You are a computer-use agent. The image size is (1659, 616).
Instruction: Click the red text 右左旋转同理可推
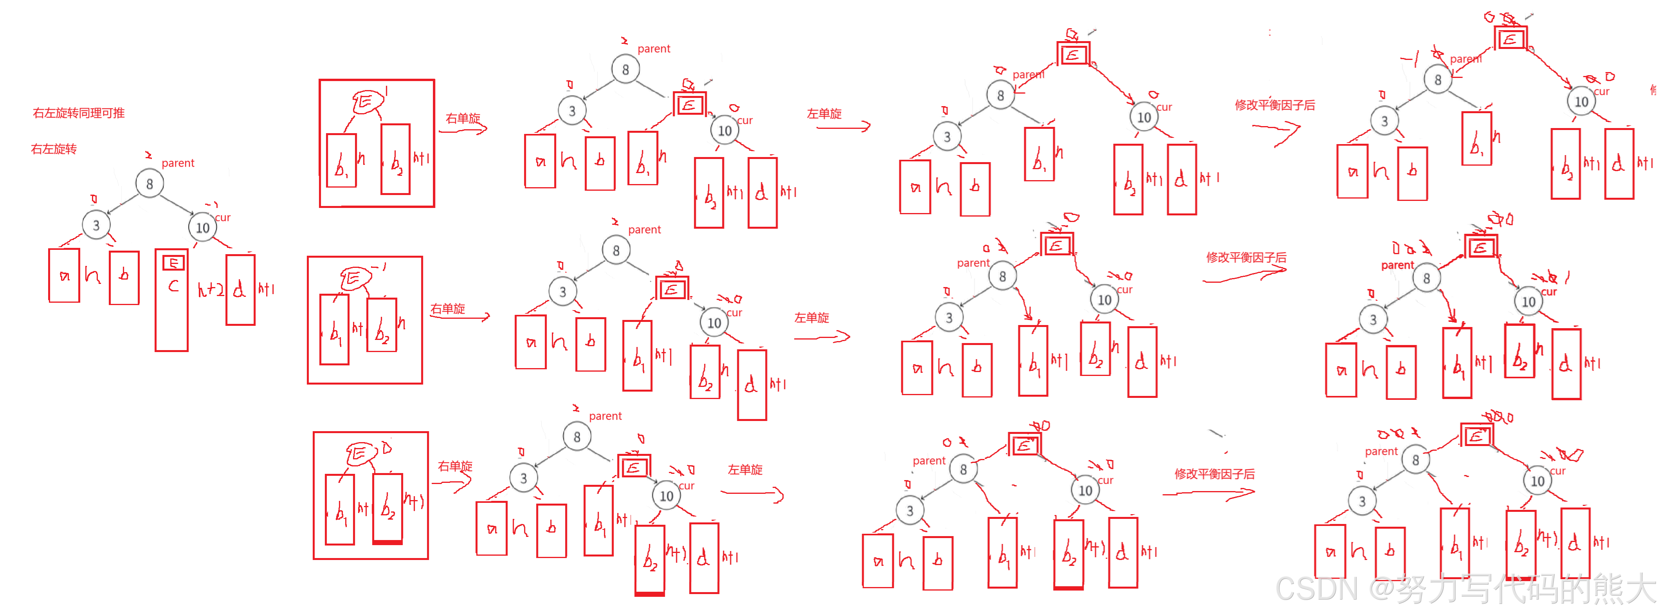coord(79,114)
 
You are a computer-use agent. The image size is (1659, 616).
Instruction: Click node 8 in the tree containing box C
coord(150,184)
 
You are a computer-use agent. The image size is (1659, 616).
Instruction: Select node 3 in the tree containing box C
coord(96,225)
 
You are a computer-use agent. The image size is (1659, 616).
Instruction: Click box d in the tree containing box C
coord(241,290)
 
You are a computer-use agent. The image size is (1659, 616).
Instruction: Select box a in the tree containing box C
coord(65,276)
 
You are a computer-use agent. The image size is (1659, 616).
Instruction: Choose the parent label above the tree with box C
coord(178,164)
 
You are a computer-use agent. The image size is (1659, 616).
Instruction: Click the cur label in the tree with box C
coord(223,218)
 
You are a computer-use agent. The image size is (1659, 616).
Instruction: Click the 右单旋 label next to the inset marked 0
coord(455,466)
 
